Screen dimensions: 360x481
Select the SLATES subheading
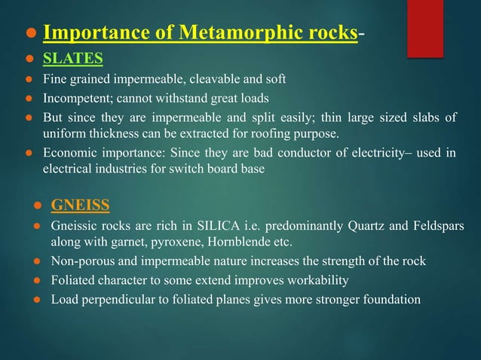(72, 59)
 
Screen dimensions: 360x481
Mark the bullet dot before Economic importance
(27, 154)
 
